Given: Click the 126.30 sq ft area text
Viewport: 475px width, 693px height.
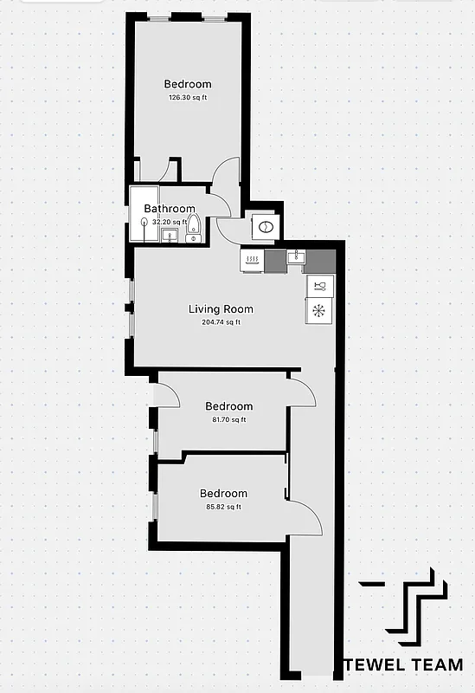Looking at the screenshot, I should (x=188, y=98).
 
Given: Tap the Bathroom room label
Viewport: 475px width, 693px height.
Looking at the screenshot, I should (x=170, y=209).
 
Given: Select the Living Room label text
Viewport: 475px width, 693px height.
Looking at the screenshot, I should (x=221, y=309).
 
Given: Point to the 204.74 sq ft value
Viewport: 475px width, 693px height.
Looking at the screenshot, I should (x=221, y=322).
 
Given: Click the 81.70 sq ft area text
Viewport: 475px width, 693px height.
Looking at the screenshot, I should (x=228, y=419).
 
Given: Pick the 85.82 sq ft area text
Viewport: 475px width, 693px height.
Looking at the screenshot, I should (x=223, y=507).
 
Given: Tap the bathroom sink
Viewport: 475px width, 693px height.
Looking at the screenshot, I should (x=170, y=235).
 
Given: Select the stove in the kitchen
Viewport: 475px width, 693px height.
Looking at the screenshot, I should (x=252, y=260).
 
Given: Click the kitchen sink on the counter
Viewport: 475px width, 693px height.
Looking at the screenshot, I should (x=296, y=256).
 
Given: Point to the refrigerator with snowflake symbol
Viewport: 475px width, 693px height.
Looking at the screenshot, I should (x=318, y=310).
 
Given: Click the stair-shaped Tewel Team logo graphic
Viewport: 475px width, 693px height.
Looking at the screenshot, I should (x=414, y=602).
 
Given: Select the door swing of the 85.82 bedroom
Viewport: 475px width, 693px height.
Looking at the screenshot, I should (x=305, y=518).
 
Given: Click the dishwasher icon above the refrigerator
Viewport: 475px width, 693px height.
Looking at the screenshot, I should (x=318, y=287).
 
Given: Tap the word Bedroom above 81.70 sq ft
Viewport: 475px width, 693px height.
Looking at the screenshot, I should (x=228, y=406).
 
